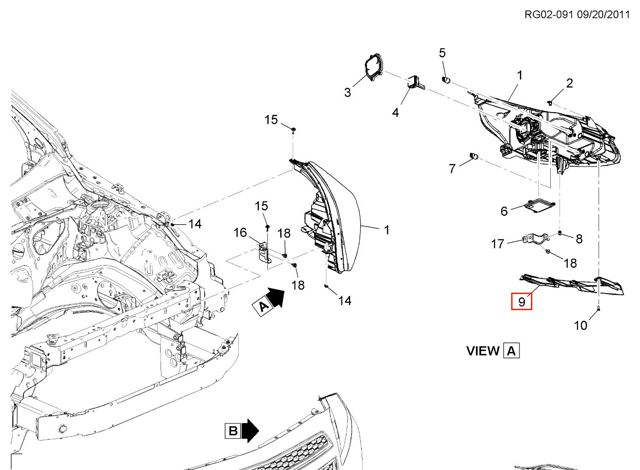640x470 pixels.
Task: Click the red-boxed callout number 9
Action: pyautogui.click(x=522, y=302)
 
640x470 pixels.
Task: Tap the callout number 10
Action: pyautogui.click(x=580, y=326)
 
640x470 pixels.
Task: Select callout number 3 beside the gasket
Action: pyautogui.click(x=347, y=92)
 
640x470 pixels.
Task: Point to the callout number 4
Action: pyautogui.click(x=395, y=112)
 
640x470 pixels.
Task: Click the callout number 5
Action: pyautogui.click(x=442, y=53)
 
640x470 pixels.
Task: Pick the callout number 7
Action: pyautogui.click(x=452, y=168)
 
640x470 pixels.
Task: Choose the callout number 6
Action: pyautogui.click(x=504, y=211)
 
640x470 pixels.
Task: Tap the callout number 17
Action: pyautogui.click(x=498, y=244)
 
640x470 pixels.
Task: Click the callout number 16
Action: pyautogui.click(x=240, y=233)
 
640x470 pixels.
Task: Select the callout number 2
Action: pyautogui.click(x=569, y=83)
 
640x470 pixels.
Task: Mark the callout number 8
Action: pyautogui.click(x=579, y=239)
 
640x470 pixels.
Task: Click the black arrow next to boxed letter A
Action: pyautogui.click(x=277, y=297)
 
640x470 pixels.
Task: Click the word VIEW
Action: pyautogui.click(x=483, y=351)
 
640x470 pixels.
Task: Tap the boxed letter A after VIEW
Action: pyautogui.click(x=512, y=351)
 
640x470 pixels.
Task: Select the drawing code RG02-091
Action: pyautogui.click(x=549, y=15)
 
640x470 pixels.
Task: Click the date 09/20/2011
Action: pyautogui.click(x=603, y=15)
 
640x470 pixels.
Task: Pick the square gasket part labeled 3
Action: pyautogui.click(x=373, y=67)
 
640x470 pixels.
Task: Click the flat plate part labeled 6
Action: pyautogui.click(x=540, y=205)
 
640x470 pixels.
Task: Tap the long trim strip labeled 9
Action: pyautogui.click(x=571, y=284)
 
